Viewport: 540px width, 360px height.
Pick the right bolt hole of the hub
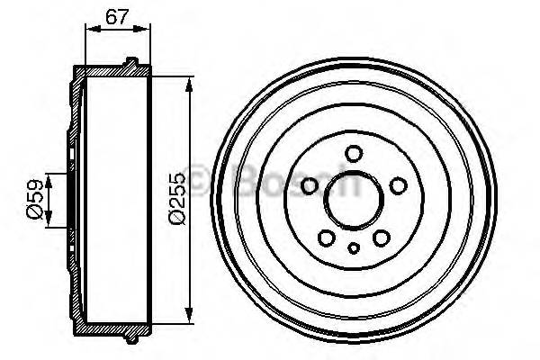pos(396,185)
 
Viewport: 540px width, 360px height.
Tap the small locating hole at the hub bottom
pos(354,247)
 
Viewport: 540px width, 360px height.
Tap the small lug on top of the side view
pos(132,63)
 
